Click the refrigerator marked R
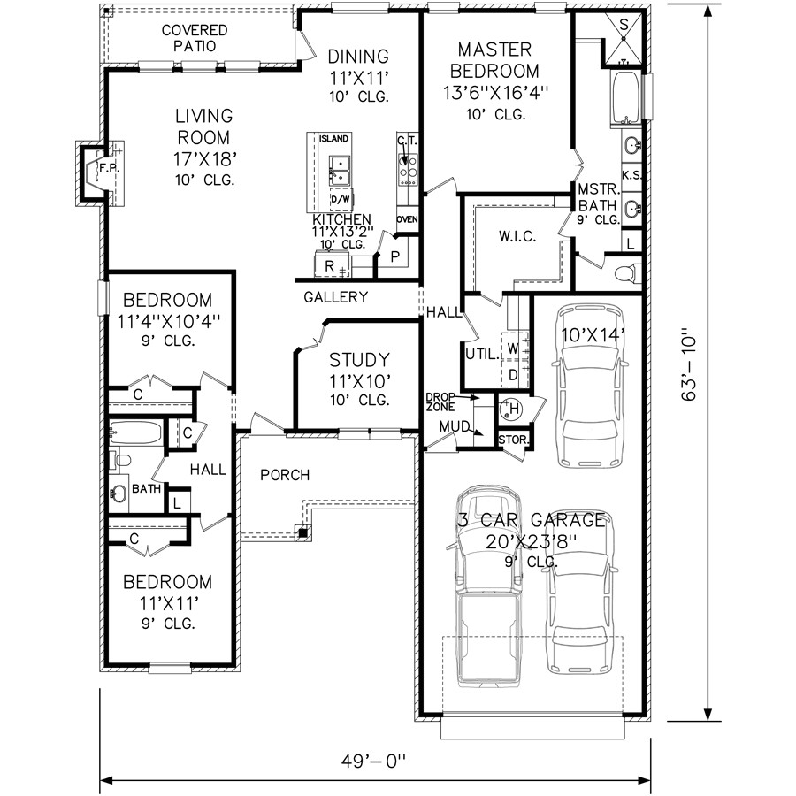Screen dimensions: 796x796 click(x=329, y=264)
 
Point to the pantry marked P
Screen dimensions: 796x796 click(x=394, y=256)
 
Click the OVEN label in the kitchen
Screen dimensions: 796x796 click(x=408, y=219)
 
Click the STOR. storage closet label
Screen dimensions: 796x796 click(x=513, y=439)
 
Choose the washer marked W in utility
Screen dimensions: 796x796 click(x=512, y=348)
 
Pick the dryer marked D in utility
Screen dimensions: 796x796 click(x=511, y=374)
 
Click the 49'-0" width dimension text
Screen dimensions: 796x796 click(x=376, y=760)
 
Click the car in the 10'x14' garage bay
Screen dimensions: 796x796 click(x=588, y=402)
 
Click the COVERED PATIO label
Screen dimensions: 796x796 click(x=194, y=37)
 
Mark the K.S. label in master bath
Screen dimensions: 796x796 click(x=631, y=176)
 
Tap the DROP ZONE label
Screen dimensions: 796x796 click(x=440, y=403)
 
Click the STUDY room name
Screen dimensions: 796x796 click(x=359, y=360)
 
